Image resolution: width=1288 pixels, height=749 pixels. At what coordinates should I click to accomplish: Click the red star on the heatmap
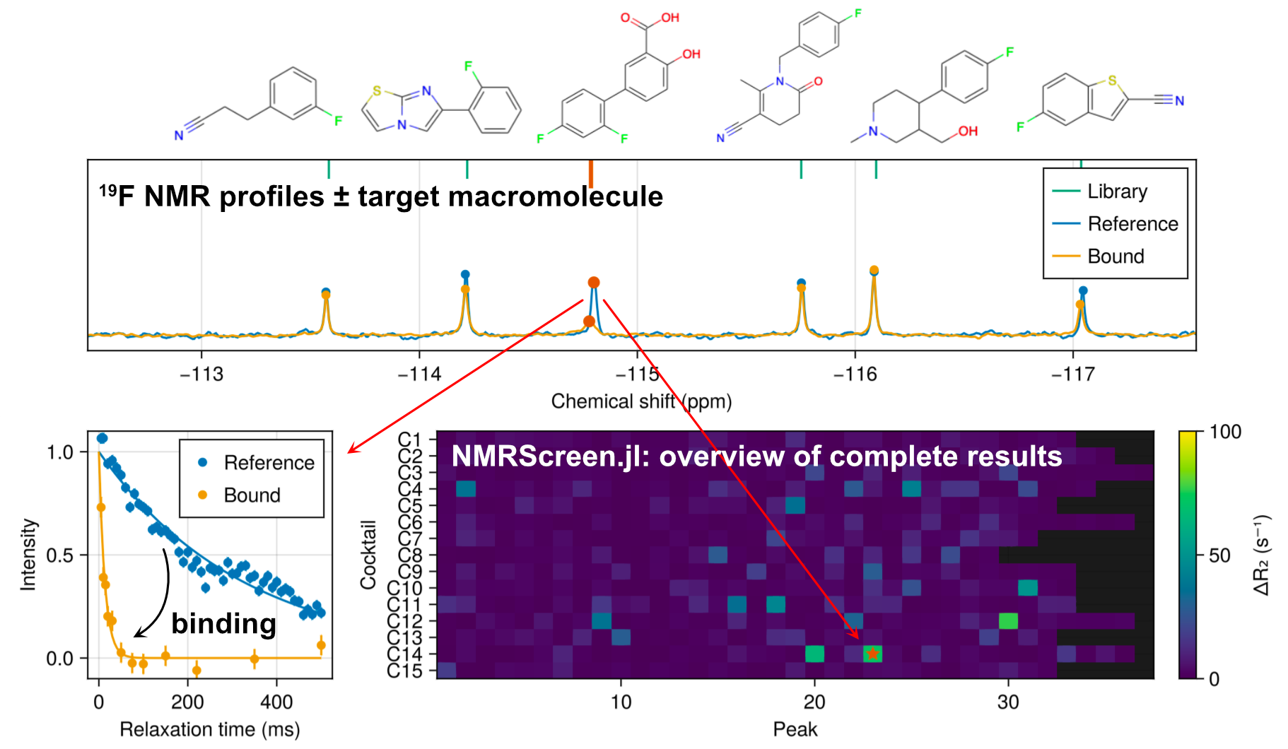(x=873, y=654)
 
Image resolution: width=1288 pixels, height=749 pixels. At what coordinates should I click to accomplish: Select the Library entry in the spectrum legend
(x=1117, y=191)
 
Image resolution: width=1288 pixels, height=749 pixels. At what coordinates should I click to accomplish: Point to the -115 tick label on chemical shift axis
(x=638, y=374)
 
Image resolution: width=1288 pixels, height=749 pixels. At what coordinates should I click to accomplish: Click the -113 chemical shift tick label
(x=201, y=374)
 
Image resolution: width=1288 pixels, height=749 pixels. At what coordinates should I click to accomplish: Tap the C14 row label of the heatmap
(x=405, y=654)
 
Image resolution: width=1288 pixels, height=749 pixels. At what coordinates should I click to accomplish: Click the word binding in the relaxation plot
(x=223, y=623)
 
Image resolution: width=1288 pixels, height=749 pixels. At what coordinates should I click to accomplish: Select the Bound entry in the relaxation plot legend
(x=252, y=495)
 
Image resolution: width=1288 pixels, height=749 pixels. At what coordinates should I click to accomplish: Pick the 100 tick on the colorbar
(x=1225, y=432)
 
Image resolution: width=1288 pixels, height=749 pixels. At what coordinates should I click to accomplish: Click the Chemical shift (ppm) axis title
(x=641, y=401)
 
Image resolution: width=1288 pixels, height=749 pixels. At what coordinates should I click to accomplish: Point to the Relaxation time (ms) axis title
(x=209, y=729)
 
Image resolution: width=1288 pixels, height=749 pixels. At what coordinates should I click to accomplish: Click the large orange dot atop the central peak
(x=594, y=283)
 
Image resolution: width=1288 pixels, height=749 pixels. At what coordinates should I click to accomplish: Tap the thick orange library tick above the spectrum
(x=591, y=173)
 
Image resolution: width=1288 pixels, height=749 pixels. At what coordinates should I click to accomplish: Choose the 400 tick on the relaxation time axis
(x=276, y=702)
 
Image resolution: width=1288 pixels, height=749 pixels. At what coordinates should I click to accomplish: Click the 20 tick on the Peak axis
(x=814, y=702)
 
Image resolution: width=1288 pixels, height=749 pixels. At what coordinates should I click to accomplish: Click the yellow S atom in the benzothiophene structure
(x=1112, y=81)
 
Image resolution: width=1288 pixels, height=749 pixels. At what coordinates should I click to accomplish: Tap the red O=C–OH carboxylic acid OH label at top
(x=670, y=18)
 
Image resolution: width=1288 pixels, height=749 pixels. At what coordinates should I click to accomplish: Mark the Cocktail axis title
(x=368, y=555)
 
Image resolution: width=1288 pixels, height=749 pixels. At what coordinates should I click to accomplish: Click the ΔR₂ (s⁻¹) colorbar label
(x=1262, y=555)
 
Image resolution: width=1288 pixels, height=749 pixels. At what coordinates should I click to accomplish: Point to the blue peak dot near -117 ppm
(x=1083, y=290)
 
